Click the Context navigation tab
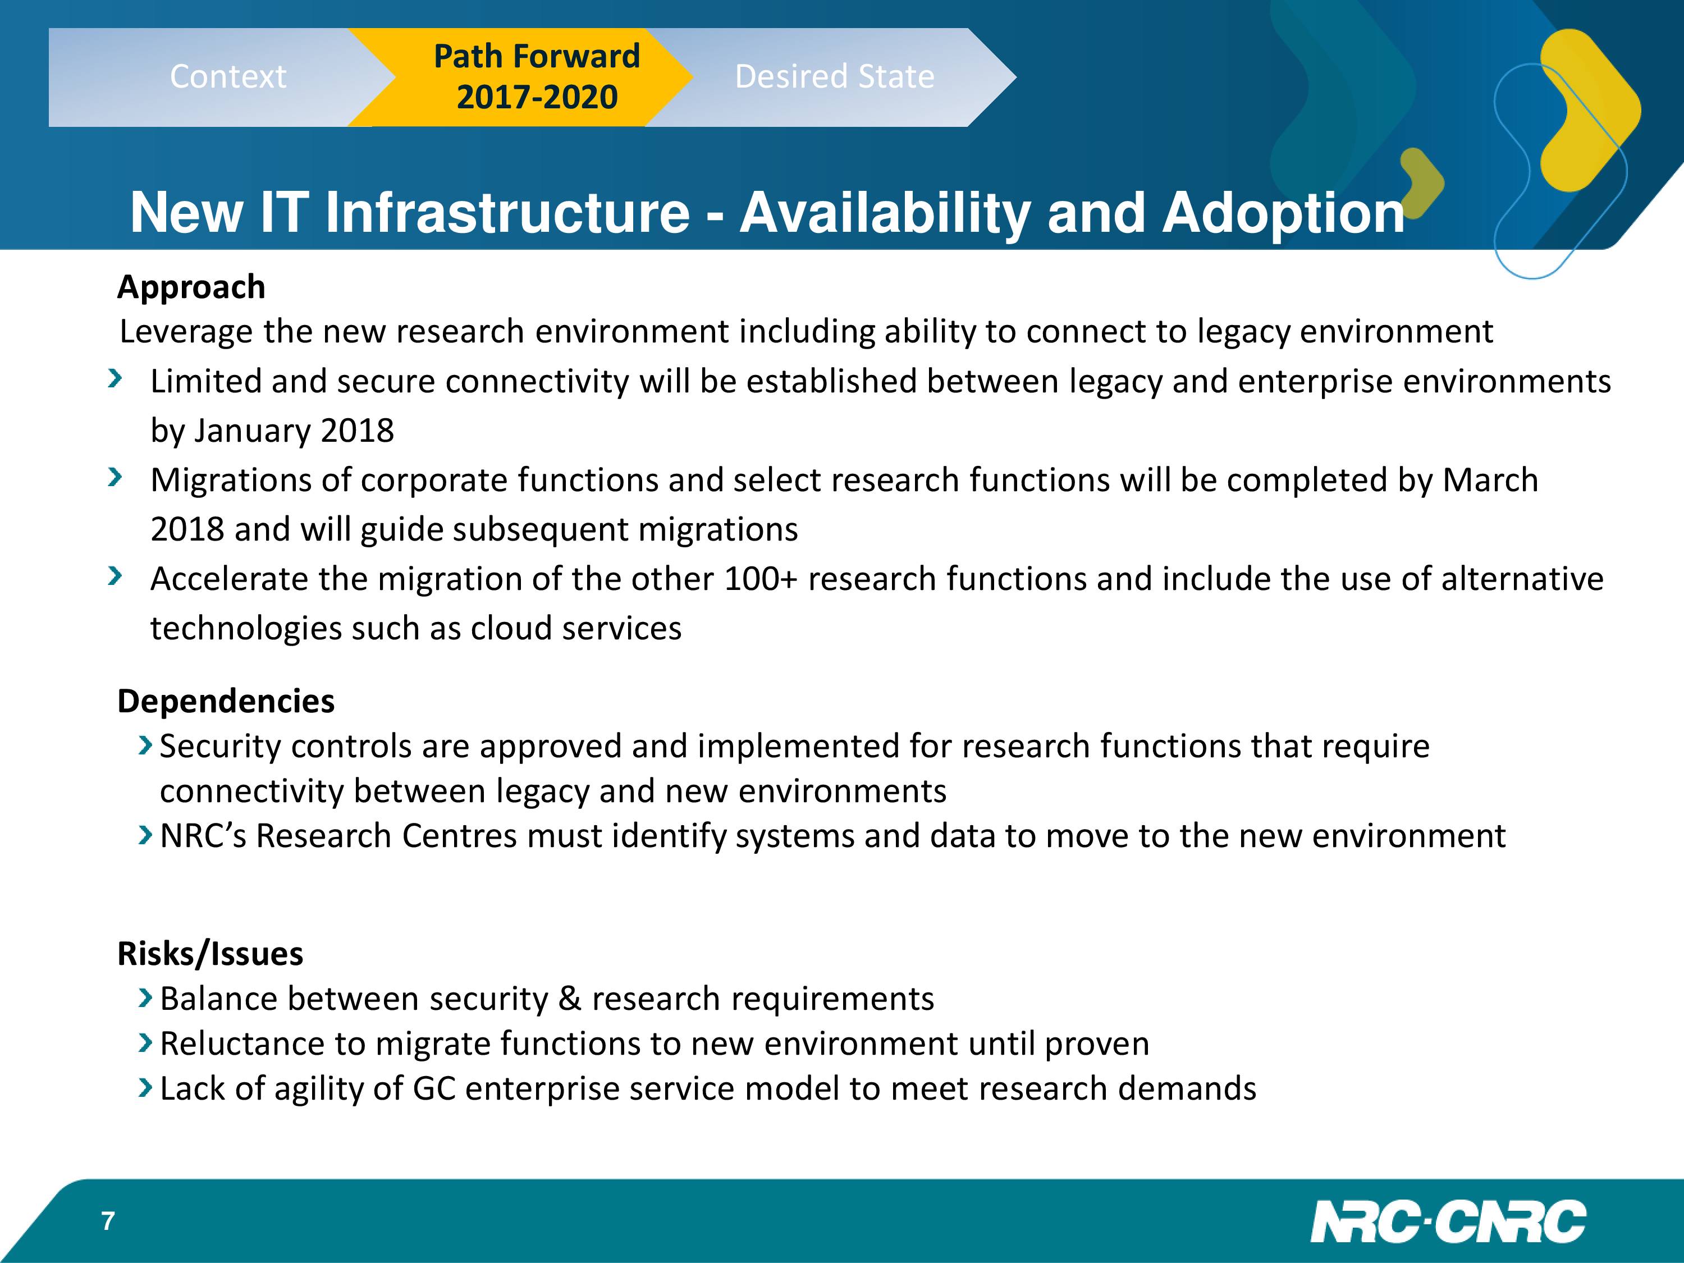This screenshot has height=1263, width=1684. pyautogui.click(x=221, y=77)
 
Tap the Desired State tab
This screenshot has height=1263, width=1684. pyautogui.click(x=834, y=77)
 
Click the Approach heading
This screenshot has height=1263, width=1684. pyautogui.click(x=191, y=287)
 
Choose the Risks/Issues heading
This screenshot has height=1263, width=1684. pyautogui.click(x=210, y=953)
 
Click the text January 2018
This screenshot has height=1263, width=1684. pyautogui.click(x=294, y=431)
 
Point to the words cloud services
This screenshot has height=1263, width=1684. pyautogui.click(x=575, y=628)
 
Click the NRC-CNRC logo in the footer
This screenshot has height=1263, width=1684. pyautogui.click(x=1448, y=1222)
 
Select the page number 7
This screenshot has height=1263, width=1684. pyautogui.click(x=108, y=1221)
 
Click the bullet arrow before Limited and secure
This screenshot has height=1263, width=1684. pyautogui.click(x=115, y=378)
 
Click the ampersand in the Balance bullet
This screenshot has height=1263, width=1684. pyautogui.click(x=569, y=999)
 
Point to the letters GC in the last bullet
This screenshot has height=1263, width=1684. pyautogui.click(x=434, y=1088)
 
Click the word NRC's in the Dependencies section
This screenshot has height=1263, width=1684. pyautogui.click(x=203, y=836)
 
